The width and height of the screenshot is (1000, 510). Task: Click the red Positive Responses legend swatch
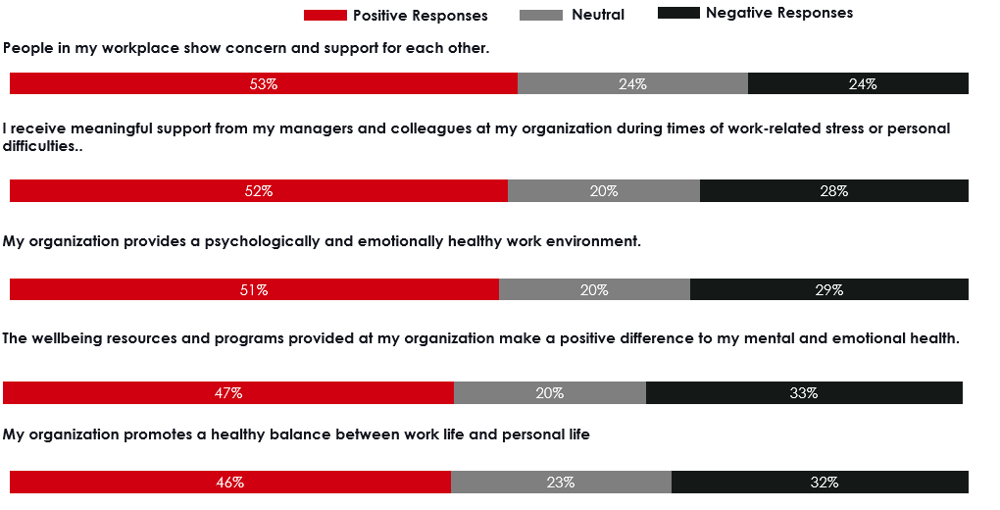coord(325,15)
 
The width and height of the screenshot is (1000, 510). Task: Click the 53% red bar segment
coord(263,84)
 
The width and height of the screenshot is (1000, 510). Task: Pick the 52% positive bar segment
coord(259,191)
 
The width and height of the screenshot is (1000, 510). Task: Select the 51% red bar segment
coord(254,289)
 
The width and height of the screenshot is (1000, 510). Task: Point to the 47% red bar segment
coord(228,393)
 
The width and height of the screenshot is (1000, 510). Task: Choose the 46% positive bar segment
coord(230,483)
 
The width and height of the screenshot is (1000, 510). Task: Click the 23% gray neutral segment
coord(561,483)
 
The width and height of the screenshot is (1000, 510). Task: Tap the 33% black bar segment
coord(804,393)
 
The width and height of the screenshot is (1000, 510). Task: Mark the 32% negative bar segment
coord(820,483)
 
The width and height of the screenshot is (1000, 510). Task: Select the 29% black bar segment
coord(829,289)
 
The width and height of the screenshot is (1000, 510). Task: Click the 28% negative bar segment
coord(834,191)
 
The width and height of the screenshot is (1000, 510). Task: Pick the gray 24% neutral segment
coord(632,84)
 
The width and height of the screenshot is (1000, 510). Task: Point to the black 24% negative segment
coord(858,84)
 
